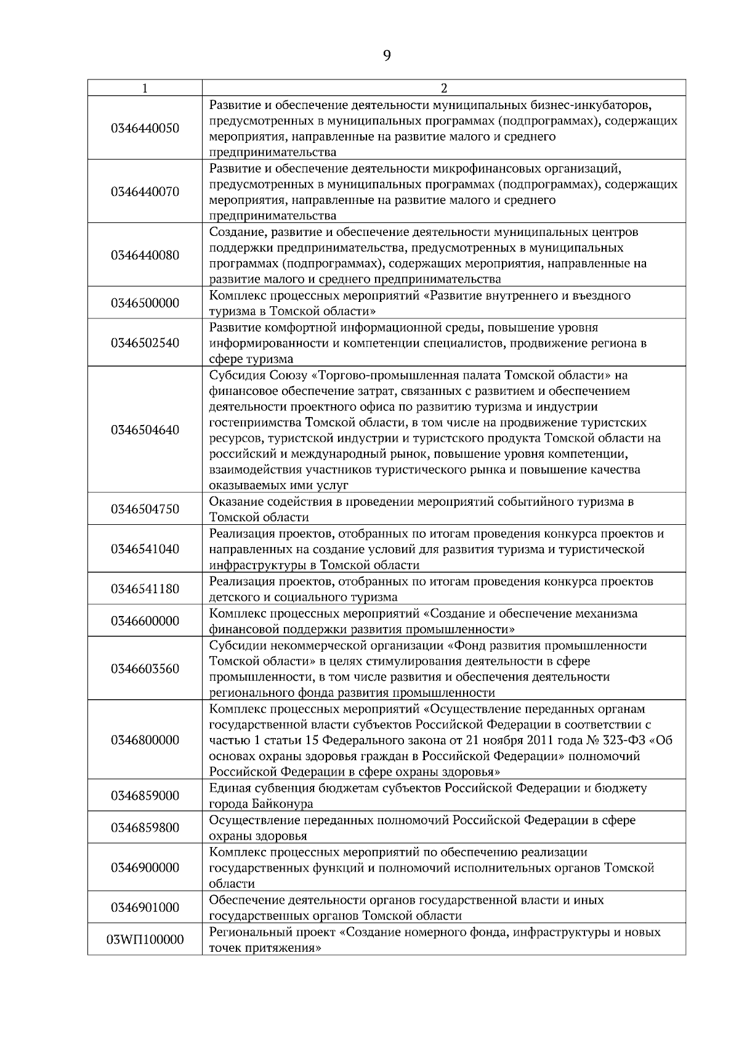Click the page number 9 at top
(386, 56)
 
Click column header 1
(145, 87)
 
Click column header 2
(444, 87)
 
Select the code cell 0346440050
(145, 128)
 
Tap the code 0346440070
(145, 192)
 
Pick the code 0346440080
(145, 255)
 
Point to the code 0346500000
(145, 302)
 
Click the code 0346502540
(145, 343)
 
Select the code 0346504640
(145, 429)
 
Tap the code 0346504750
(145, 509)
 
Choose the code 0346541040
(145, 549)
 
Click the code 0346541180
(145, 589)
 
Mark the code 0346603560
(145, 668)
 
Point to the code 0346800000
(145, 740)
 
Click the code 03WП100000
(145, 939)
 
